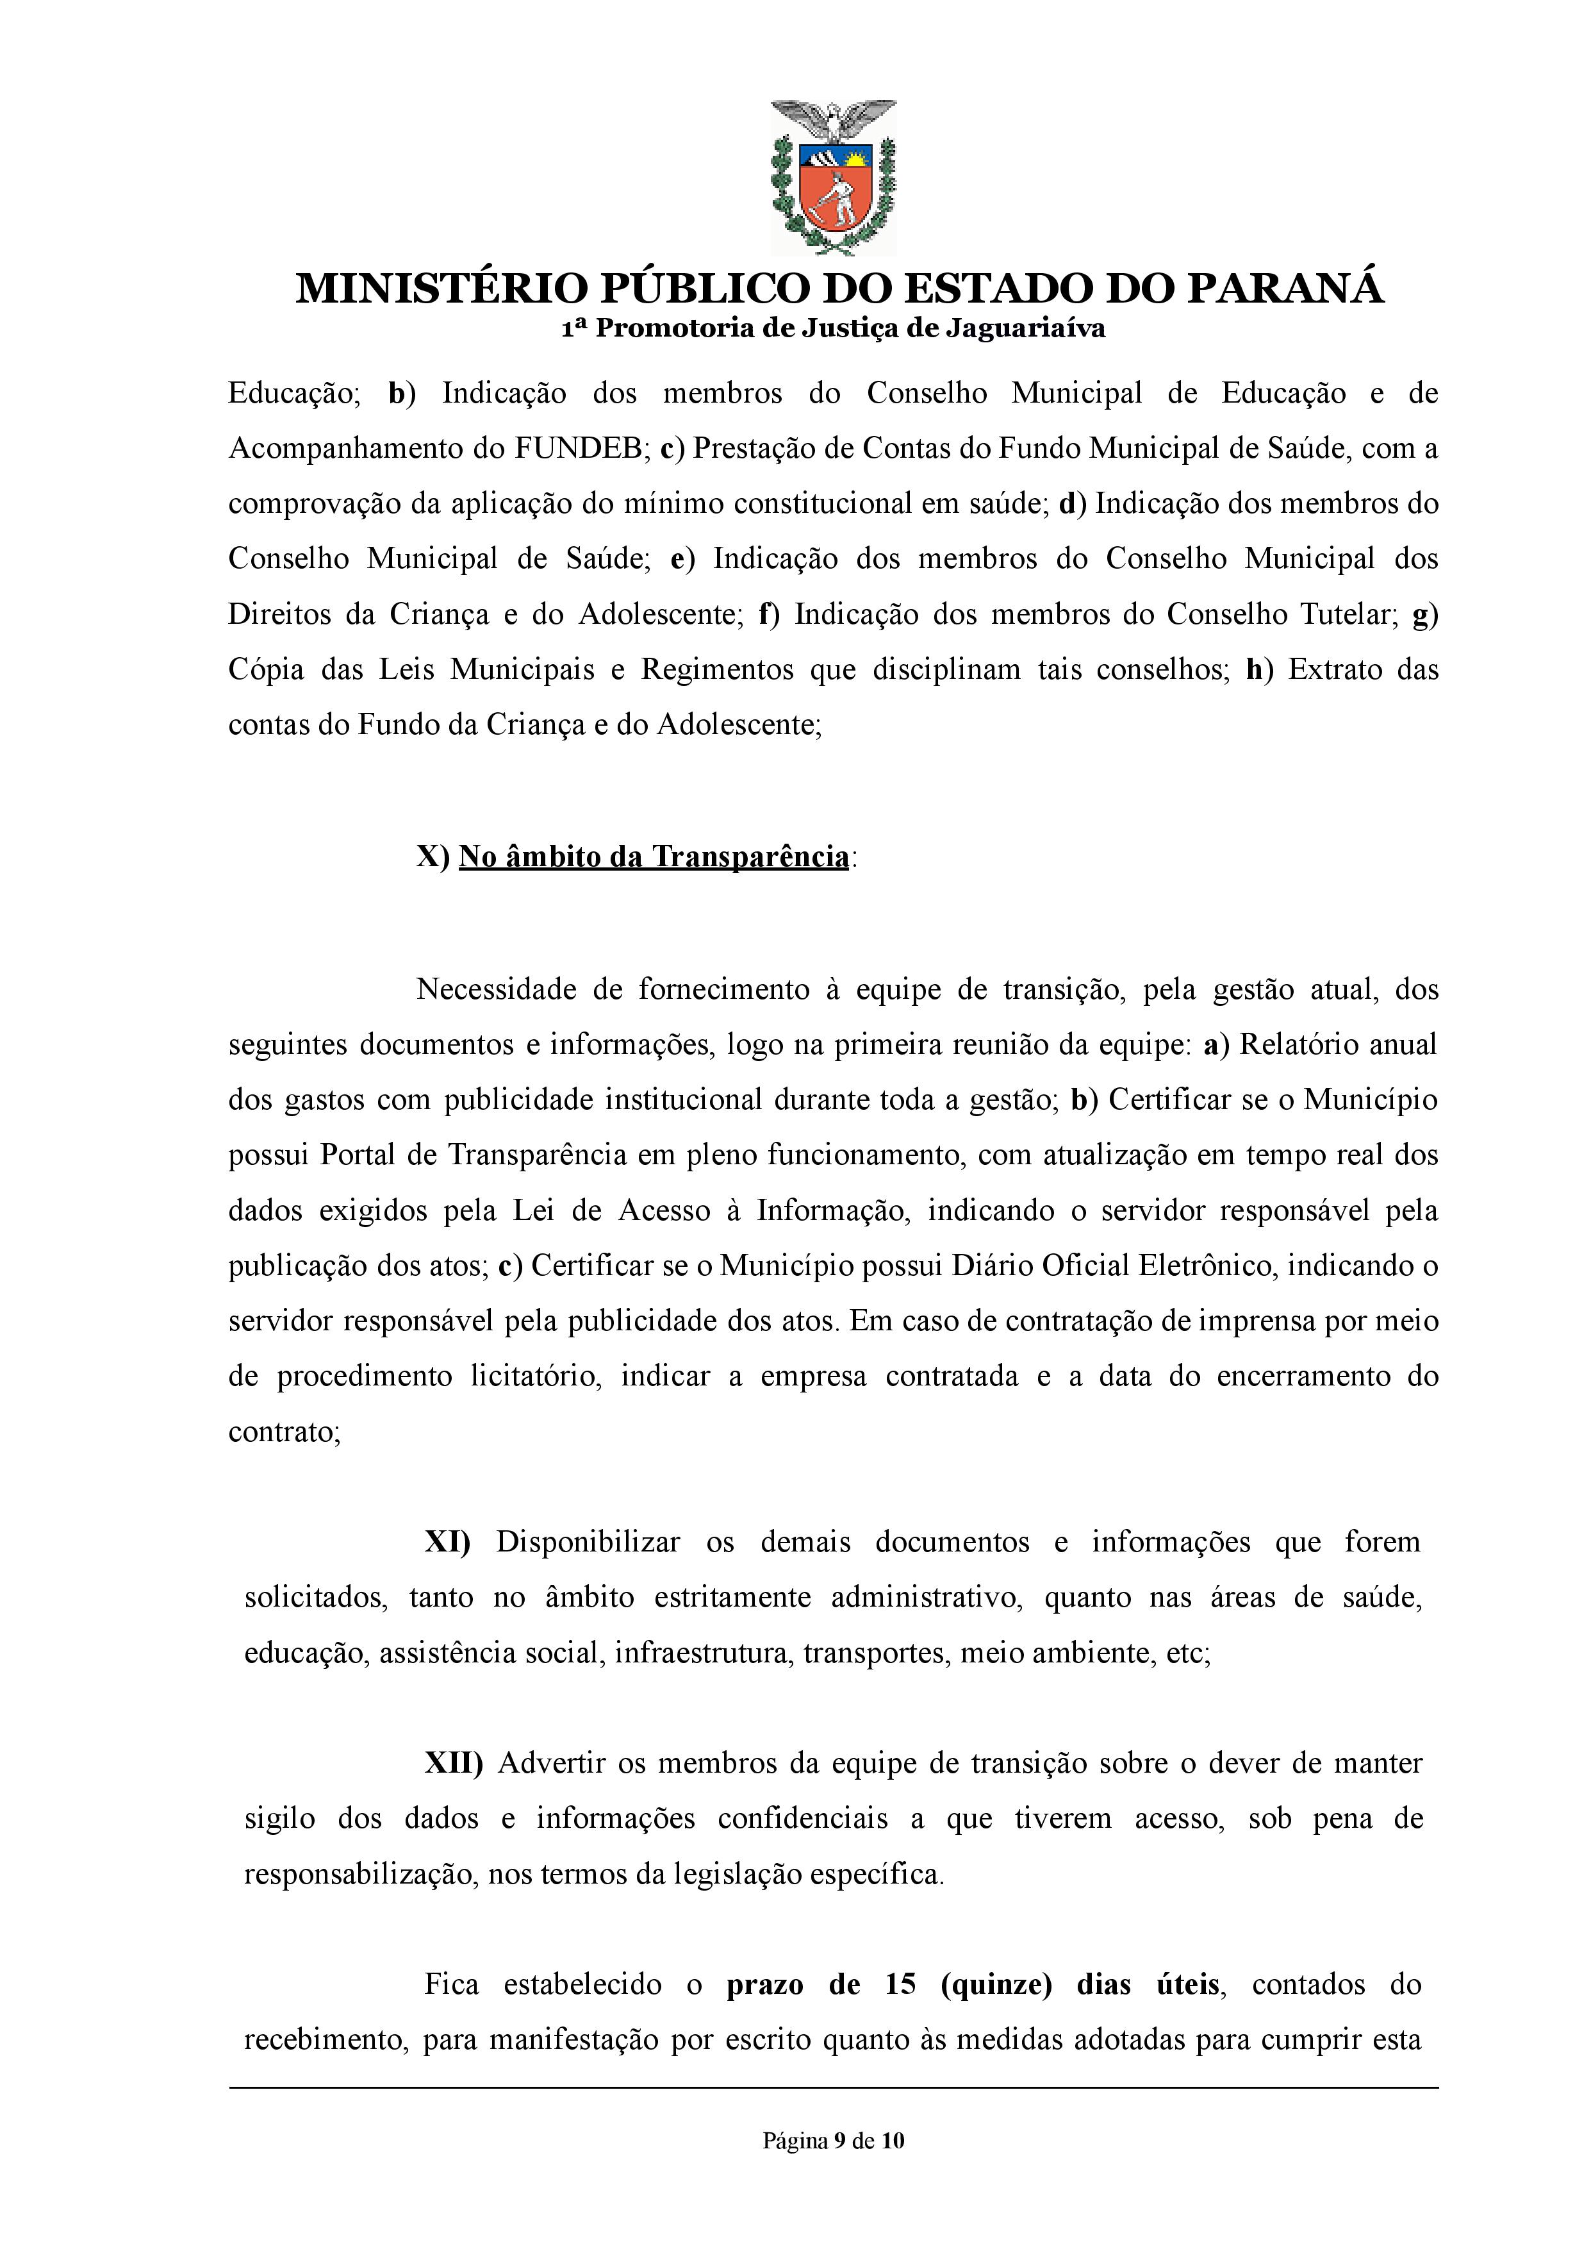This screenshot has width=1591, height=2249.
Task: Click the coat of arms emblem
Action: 833,176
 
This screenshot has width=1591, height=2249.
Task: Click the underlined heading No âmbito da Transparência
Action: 654,857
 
